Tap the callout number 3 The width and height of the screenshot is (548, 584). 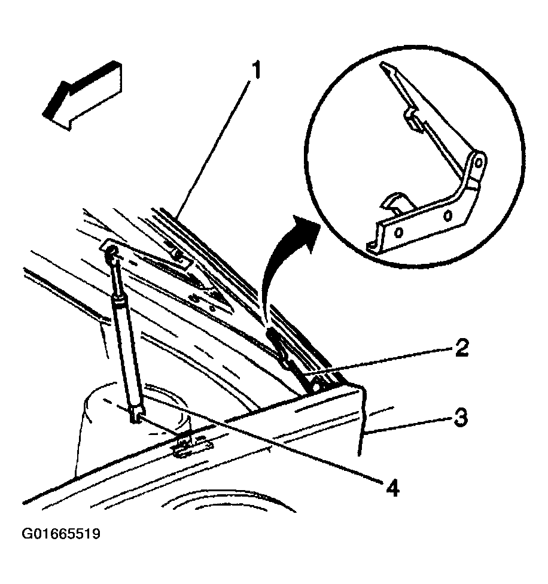tap(460, 418)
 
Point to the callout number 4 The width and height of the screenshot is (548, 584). tap(392, 488)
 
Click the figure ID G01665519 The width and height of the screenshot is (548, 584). tap(61, 534)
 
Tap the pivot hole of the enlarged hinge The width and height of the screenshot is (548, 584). tap(479, 162)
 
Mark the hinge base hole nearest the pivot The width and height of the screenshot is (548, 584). tap(448, 215)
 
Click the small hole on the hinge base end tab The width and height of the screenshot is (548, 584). tap(371, 246)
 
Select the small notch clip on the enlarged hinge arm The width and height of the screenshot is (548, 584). tap(413, 119)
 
